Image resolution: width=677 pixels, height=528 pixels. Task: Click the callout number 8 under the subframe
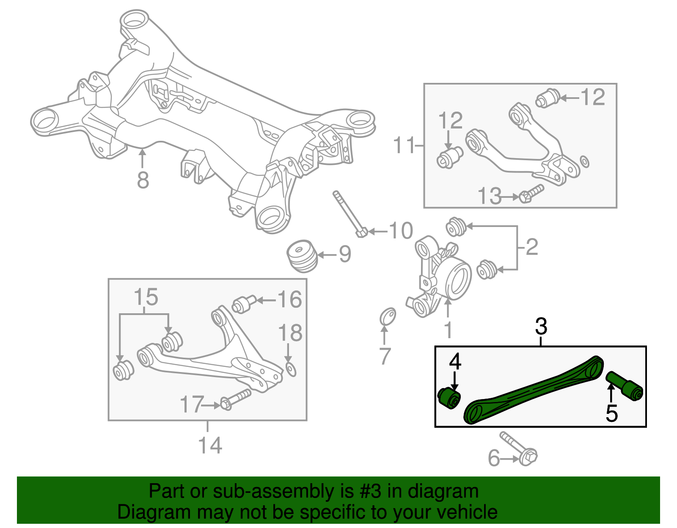click(x=143, y=180)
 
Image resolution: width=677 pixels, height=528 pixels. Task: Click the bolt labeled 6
click(x=519, y=449)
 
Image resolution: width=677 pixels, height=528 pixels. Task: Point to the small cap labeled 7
click(x=388, y=316)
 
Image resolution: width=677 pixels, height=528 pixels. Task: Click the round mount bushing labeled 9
click(x=302, y=256)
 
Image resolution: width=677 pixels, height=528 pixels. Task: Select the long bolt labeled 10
click(x=350, y=215)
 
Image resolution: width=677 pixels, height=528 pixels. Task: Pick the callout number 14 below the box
click(x=210, y=445)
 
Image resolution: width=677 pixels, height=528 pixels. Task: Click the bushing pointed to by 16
click(x=244, y=304)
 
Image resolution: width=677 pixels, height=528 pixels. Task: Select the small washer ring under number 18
click(x=291, y=369)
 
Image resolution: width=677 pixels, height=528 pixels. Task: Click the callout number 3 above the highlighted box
click(x=541, y=326)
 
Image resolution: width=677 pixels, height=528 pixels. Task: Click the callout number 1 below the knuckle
click(x=448, y=330)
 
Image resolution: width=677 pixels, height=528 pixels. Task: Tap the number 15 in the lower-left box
click(x=146, y=297)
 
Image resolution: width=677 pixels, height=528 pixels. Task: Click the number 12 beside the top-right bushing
click(x=593, y=97)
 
